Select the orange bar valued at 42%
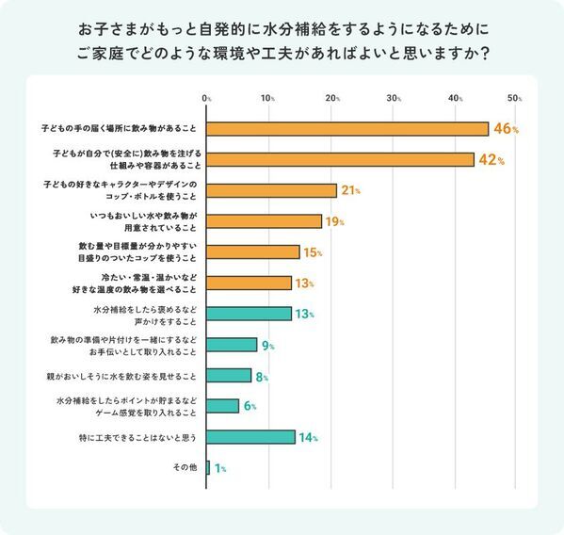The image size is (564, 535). click(x=339, y=160)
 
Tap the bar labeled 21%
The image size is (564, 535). click(x=271, y=190)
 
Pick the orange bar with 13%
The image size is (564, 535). click(x=249, y=283)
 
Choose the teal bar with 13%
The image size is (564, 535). click(x=249, y=314)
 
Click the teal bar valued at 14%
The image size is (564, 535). click(x=250, y=437)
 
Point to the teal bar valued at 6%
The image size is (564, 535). click(x=222, y=406)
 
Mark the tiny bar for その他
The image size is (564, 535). click(x=208, y=468)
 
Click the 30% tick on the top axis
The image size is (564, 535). click(x=394, y=98)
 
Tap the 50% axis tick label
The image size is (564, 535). click(x=514, y=98)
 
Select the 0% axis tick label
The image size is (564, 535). click(x=206, y=98)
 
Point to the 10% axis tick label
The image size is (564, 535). click(x=268, y=98)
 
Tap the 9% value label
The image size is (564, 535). click(x=267, y=345)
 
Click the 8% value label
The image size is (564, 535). click(x=262, y=376)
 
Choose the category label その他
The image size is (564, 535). click(x=183, y=468)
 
